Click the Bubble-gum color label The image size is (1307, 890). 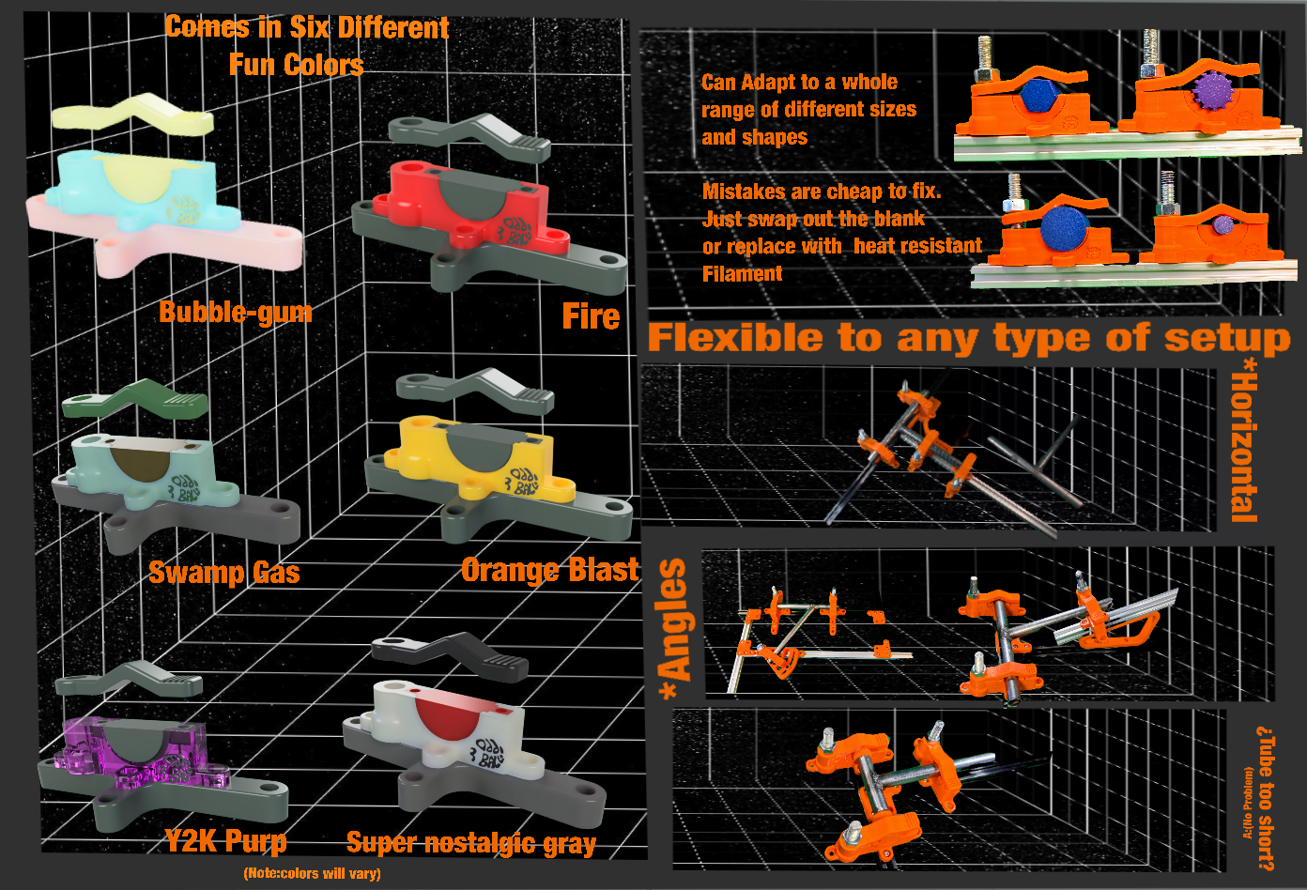(x=235, y=312)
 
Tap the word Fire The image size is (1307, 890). (x=591, y=316)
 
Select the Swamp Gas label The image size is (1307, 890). (x=223, y=573)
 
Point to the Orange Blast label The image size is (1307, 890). (x=549, y=570)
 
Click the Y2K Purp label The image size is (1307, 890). (x=226, y=840)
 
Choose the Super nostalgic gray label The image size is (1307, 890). (x=470, y=843)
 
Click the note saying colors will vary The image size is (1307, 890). (x=312, y=873)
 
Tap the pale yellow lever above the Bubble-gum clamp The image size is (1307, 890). (x=131, y=118)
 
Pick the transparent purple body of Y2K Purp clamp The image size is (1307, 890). (x=85, y=746)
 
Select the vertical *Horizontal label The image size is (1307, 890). (x=1244, y=446)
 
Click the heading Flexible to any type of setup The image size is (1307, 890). (x=968, y=338)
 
